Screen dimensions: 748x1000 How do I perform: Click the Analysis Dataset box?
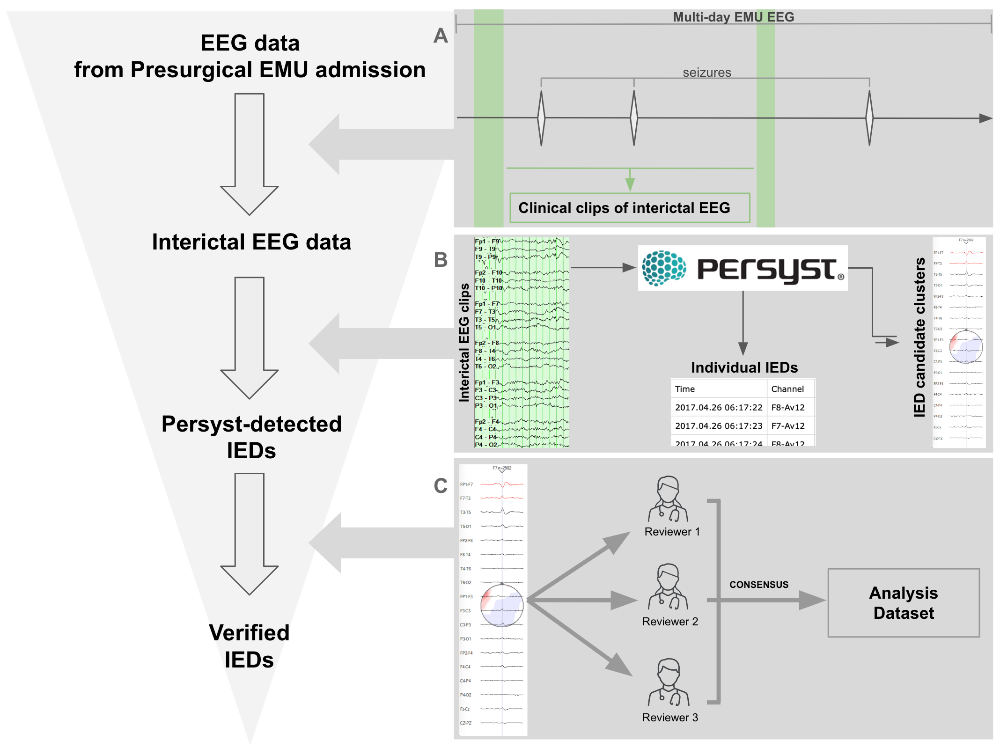coord(903,602)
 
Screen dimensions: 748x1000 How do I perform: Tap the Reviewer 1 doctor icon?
coord(668,499)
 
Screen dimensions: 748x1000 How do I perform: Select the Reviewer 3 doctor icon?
coord(669,682)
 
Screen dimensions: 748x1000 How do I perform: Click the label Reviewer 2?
coord(670,622)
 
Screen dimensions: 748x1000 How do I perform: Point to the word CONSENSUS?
coord(758,585)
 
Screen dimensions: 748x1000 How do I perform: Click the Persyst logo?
coord(743,268)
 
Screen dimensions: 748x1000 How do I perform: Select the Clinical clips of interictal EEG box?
coord(630,208)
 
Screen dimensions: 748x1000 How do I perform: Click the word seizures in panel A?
coord(706,73)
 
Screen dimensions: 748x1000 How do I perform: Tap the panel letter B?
coord(441,260)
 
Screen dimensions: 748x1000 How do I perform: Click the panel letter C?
coord(441,486)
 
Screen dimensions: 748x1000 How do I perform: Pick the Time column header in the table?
coord(684,389)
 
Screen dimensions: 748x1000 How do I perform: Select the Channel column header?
coord(787,389)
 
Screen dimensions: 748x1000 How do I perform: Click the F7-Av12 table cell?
coord(788,426)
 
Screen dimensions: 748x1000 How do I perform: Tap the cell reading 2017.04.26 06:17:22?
coord(718,407)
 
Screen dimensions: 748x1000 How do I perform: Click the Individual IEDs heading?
coord(744,367)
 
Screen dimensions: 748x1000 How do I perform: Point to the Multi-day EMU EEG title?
coord(733,17)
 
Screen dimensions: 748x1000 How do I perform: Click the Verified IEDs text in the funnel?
coord(249,646)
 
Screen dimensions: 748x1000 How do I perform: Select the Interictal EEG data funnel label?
coord(251,242)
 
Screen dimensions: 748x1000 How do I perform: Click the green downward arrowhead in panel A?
coord(630,184)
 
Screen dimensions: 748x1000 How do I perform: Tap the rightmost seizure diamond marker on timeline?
coord(869,118)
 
